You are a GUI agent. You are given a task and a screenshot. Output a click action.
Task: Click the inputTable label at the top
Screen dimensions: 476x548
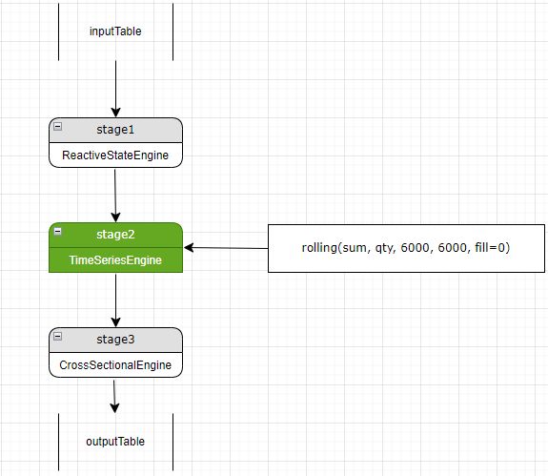coord(115,31)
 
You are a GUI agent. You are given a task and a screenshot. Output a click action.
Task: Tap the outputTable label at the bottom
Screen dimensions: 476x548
coord(115,442)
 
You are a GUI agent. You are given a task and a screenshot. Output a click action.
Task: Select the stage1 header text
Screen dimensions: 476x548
coord(115,129)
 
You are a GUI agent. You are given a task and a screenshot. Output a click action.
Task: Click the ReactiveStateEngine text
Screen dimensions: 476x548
coord(115,155)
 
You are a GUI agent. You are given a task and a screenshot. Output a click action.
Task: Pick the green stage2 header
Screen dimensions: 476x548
coord(115,234)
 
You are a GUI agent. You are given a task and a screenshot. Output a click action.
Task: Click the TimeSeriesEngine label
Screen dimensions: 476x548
coord(115,259)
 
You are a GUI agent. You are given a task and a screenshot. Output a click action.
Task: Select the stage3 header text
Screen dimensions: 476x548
coord(115,339)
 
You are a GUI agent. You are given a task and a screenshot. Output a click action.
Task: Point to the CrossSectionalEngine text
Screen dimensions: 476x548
coord(115,364)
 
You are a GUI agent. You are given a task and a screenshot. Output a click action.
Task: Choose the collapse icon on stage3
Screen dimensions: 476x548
coord(58,337)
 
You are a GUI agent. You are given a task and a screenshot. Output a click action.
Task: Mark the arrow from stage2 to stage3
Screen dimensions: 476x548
coord(115,300)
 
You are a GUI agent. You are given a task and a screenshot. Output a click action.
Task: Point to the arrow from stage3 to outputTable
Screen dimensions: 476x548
coord(114,395)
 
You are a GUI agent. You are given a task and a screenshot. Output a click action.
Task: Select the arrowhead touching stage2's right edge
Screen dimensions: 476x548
coord(189,247)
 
